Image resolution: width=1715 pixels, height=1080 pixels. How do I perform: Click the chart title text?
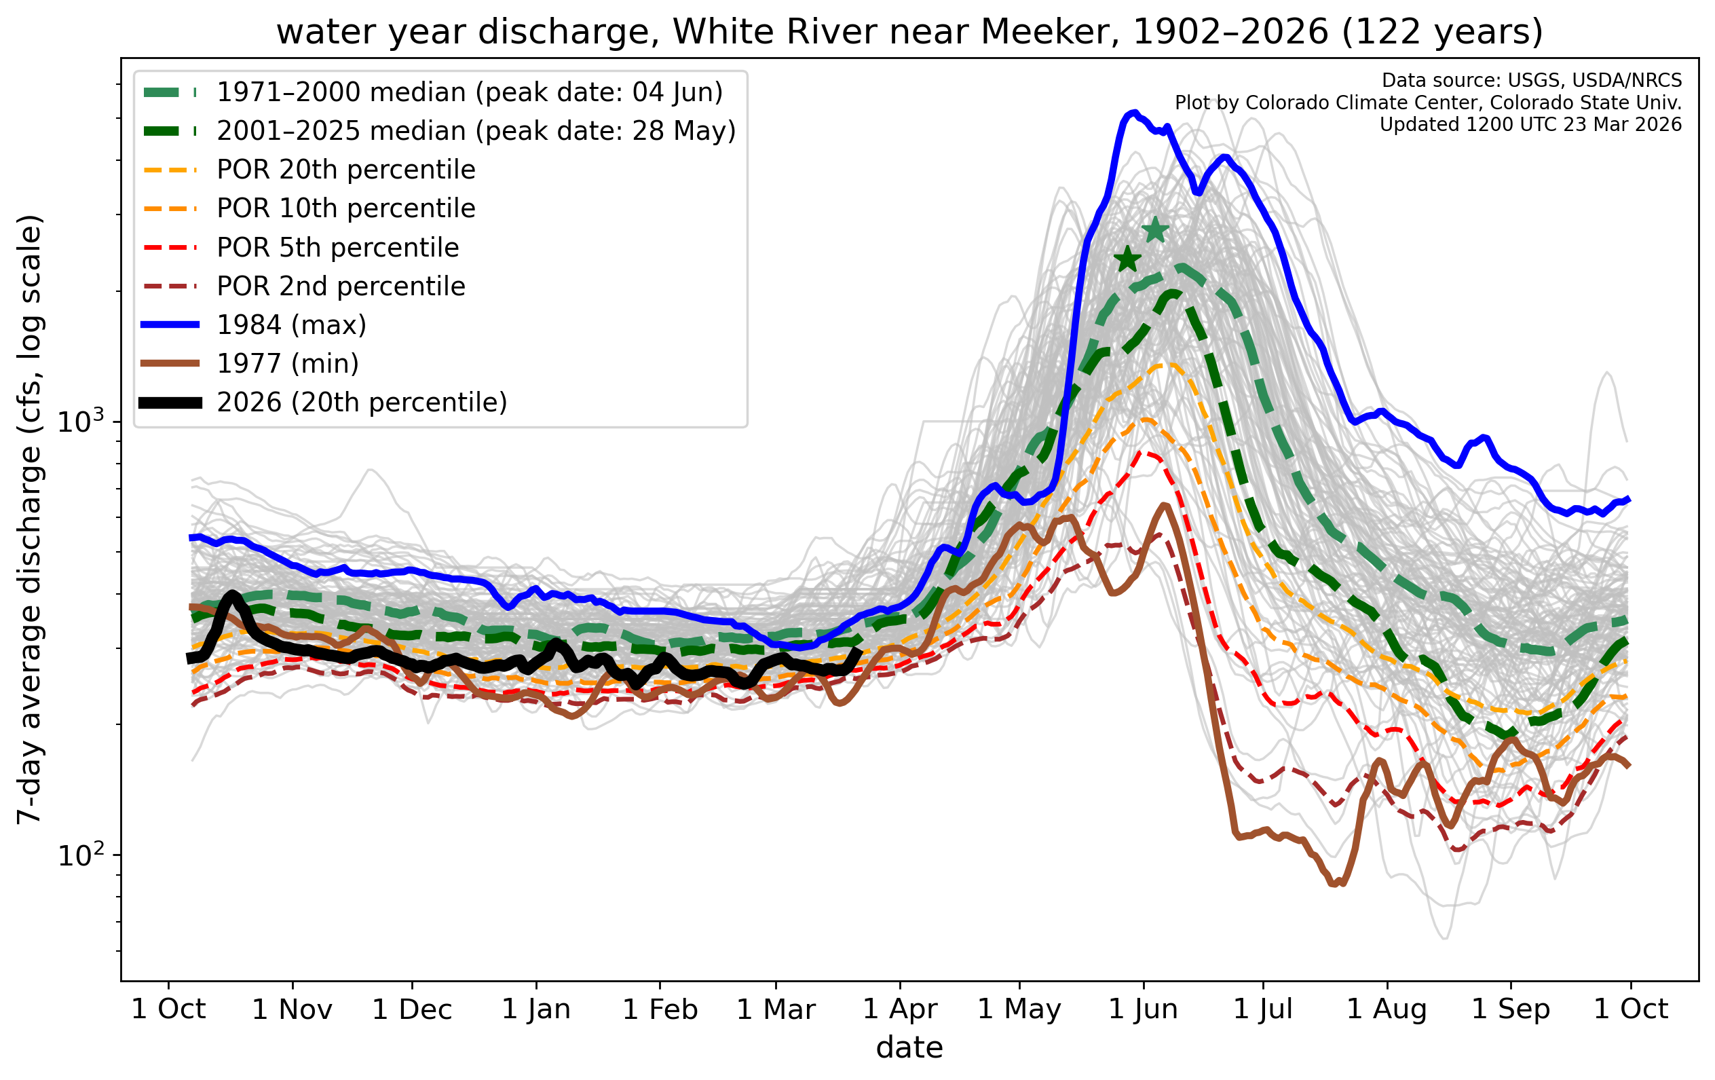pos(909,32)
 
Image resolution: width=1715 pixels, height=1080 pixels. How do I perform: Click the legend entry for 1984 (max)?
pos(291,325)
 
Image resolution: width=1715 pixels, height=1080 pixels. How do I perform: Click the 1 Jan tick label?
pos(536,1009)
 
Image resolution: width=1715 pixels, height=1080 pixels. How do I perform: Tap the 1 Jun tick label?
pos(1144,1009)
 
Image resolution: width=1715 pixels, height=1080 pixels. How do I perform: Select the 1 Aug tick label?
pos(1387,1009)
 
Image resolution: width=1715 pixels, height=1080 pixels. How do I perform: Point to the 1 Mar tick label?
pos(776,1009)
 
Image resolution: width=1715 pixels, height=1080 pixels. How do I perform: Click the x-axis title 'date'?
pos(909,1048)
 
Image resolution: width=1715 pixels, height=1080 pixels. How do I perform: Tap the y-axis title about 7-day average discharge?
pos(30,519)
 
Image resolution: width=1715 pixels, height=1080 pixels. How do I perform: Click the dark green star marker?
pos(1127,259)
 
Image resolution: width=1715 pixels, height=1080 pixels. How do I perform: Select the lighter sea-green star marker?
pos(1155,229)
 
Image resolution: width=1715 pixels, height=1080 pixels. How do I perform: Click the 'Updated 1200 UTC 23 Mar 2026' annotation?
pos(1530,125)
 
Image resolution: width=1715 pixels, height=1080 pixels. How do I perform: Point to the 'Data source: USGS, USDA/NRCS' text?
pos(1532,81)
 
